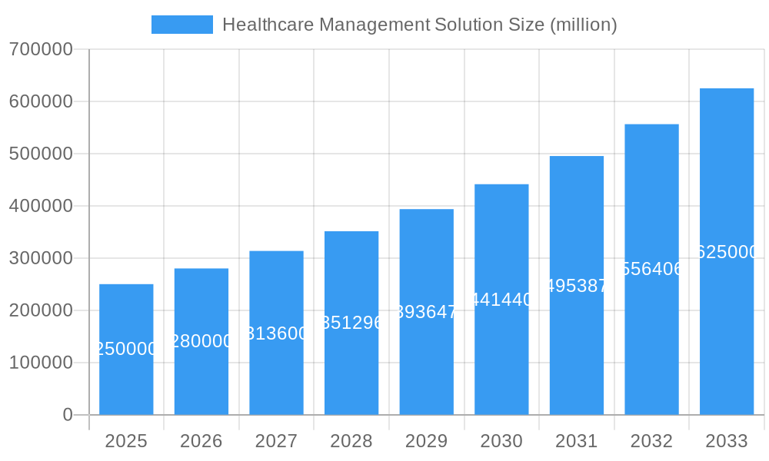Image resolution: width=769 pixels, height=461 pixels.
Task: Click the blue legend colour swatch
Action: [x=182, y=25]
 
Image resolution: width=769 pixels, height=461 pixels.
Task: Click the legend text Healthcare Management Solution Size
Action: [x=419, y=25]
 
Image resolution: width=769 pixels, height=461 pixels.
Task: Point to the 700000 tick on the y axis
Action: [x=41, y=49]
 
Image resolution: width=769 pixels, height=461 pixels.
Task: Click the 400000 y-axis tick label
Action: [x=41, y=206]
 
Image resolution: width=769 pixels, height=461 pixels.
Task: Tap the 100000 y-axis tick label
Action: [x=41, y=363]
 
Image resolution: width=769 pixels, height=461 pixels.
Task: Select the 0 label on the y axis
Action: [x=68, y=415]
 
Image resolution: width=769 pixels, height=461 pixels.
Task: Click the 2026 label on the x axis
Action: [x=201, y=441]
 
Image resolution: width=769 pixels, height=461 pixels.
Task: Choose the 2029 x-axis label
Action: [x=427, y=441]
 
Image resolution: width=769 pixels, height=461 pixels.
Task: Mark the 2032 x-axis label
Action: [x=651, y=441]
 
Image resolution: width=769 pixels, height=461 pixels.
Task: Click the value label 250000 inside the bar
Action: [x=126, y=349]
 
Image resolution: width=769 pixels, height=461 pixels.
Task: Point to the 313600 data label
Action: [x=277, y=333]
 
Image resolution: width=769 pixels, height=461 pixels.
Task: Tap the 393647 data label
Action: [x=427, y=312]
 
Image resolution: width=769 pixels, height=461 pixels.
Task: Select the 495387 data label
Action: [x=577, y=286]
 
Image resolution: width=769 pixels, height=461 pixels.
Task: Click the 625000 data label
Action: [x=727, y=252]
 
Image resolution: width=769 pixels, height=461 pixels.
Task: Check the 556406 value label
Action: [x=651, y=269]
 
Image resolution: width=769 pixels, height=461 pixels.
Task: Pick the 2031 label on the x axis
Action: [x=577, y=441]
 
